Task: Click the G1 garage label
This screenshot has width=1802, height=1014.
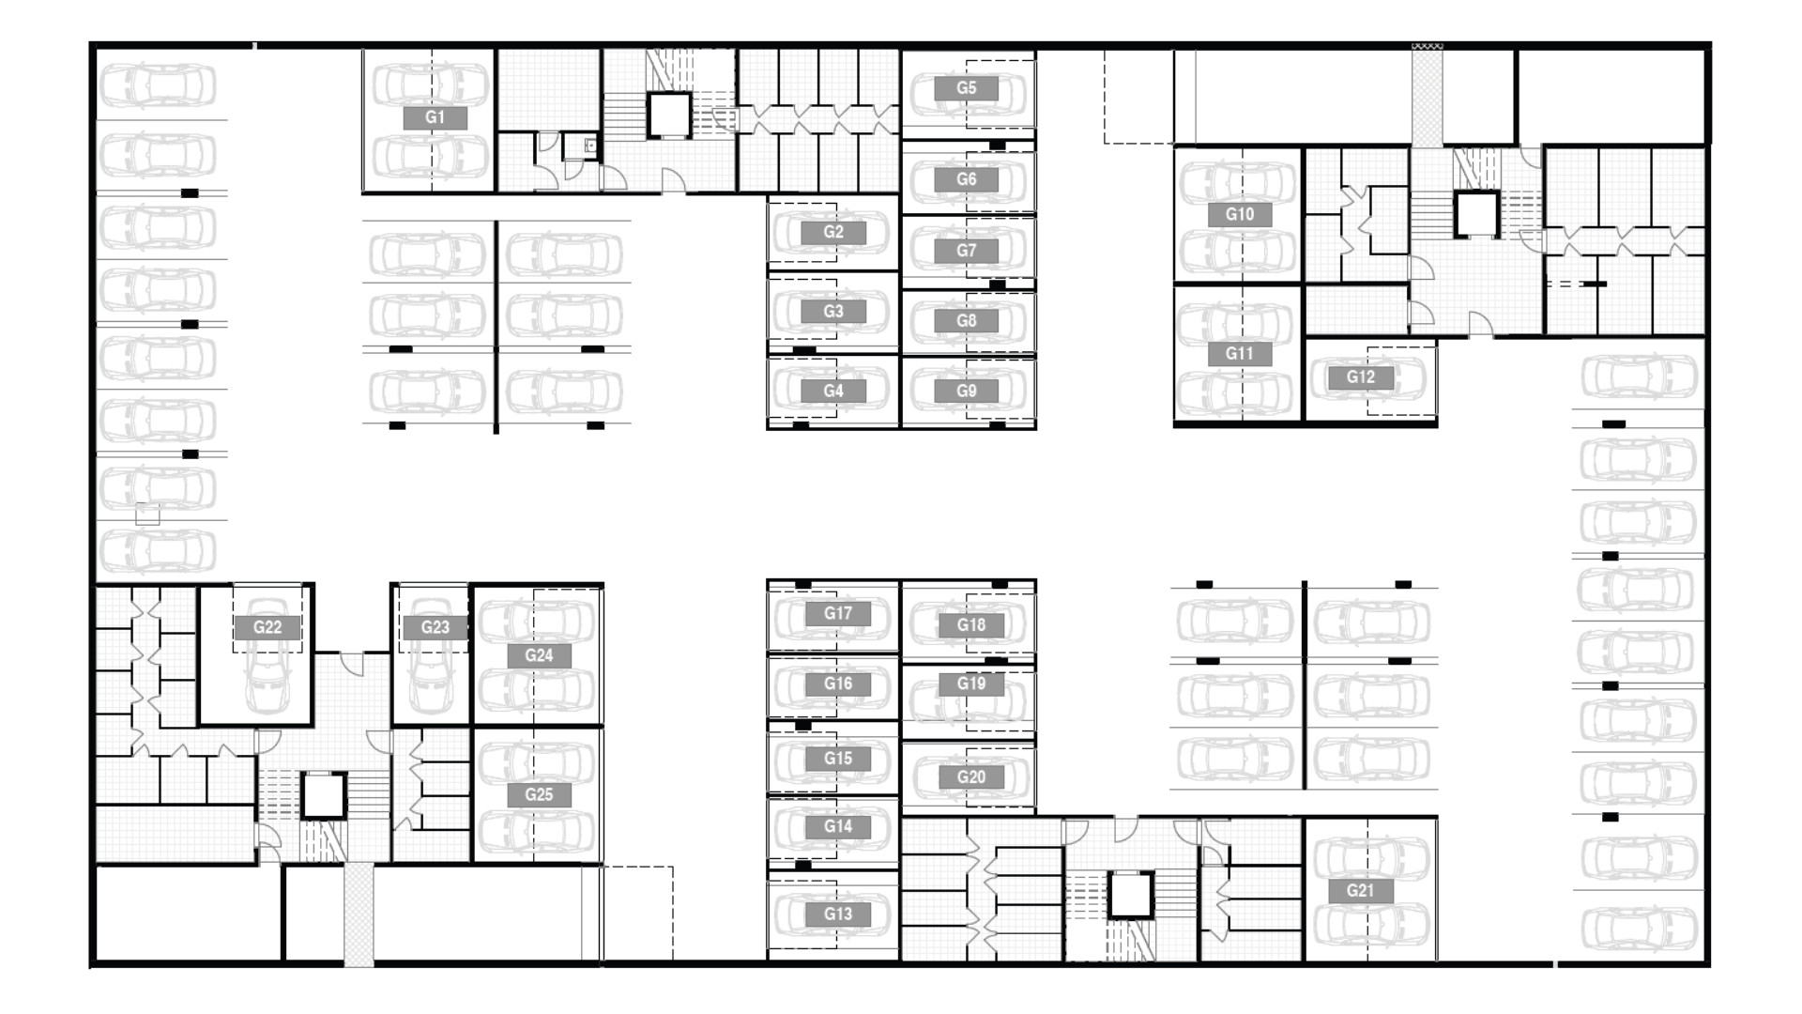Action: tap(435, 117)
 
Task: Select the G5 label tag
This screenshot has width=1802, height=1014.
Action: tap(966, 88)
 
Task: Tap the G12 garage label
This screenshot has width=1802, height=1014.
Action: tap(1360, 377)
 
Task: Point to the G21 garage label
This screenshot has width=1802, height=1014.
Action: tap(1360, 891)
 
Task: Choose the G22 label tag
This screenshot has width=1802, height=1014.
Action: tap(267, 627)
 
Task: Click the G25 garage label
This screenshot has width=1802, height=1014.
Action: tap(539, 794)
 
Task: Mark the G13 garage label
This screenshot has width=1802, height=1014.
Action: tap(838, 914)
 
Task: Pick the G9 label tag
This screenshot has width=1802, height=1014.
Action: tap(966, 391)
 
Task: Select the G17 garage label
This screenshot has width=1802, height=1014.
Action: tap(838, 613)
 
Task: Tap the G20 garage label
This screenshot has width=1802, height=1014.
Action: tap(971, 776)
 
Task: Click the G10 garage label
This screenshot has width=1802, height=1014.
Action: tap(1239, 214)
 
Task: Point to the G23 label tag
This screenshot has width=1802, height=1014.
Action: tap(435, 627)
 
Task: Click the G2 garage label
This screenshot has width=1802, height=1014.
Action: tap(832, 232)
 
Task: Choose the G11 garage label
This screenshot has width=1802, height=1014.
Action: tap(1239, 354)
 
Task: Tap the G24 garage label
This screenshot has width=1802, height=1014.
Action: tap(539, 655)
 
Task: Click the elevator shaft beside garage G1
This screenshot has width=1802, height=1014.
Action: tap(668, 115)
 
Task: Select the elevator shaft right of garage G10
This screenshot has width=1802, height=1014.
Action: tap(1476, 214)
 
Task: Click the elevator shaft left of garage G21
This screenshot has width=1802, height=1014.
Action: tap(1131, 895)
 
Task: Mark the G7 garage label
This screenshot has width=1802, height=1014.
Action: tap(966, 251)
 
